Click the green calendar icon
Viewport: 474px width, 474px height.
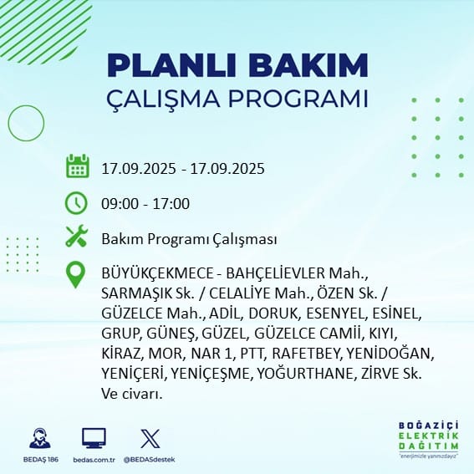[78, 166]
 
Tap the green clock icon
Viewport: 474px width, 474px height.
[76, 203]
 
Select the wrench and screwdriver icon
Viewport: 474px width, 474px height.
[77, 236]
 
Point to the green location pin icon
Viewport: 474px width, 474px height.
[75, 274]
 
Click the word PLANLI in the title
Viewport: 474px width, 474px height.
[171, 65]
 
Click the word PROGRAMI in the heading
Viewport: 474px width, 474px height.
[298, 99]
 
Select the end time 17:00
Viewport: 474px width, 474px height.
[171, 203]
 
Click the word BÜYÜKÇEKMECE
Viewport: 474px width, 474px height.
[157, 273]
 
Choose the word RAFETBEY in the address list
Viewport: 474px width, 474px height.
[306, 354]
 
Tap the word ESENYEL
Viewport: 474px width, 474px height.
[336, 313]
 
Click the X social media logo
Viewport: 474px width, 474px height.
[150, 438]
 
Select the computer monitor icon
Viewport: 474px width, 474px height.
[94, 438]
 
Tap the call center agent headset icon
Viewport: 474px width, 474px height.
[40, 438]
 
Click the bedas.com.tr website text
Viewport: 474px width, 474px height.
[94, 460]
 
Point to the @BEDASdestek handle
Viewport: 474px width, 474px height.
[149, 460]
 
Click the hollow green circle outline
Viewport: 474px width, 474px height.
[8, 123]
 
